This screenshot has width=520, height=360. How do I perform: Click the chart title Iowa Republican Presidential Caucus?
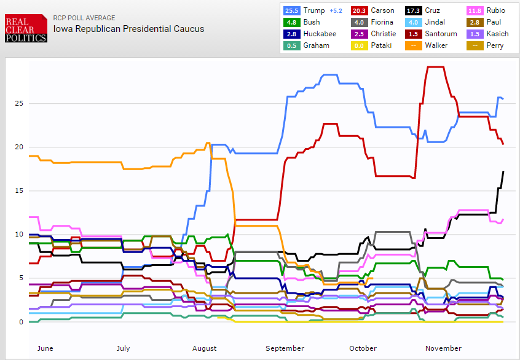pos(128,28)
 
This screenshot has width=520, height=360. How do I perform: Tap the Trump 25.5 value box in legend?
pos(291,10)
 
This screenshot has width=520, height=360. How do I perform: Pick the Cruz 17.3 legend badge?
pos(413,10)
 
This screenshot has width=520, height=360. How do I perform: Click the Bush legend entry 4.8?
pos(291,22)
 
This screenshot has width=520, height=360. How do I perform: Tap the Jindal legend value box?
pos(413,22)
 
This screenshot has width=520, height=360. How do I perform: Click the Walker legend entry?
pos(413,45)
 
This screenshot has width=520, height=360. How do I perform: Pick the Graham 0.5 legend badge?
pos(291,45)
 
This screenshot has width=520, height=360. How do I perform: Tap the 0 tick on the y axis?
pos(21,322)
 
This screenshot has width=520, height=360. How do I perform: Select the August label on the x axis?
pos(204,348)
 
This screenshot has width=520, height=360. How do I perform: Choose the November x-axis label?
pos(443,348)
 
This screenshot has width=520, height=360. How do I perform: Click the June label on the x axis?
pos(45,348)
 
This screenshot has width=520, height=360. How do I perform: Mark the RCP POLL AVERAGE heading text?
pos(84,18)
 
